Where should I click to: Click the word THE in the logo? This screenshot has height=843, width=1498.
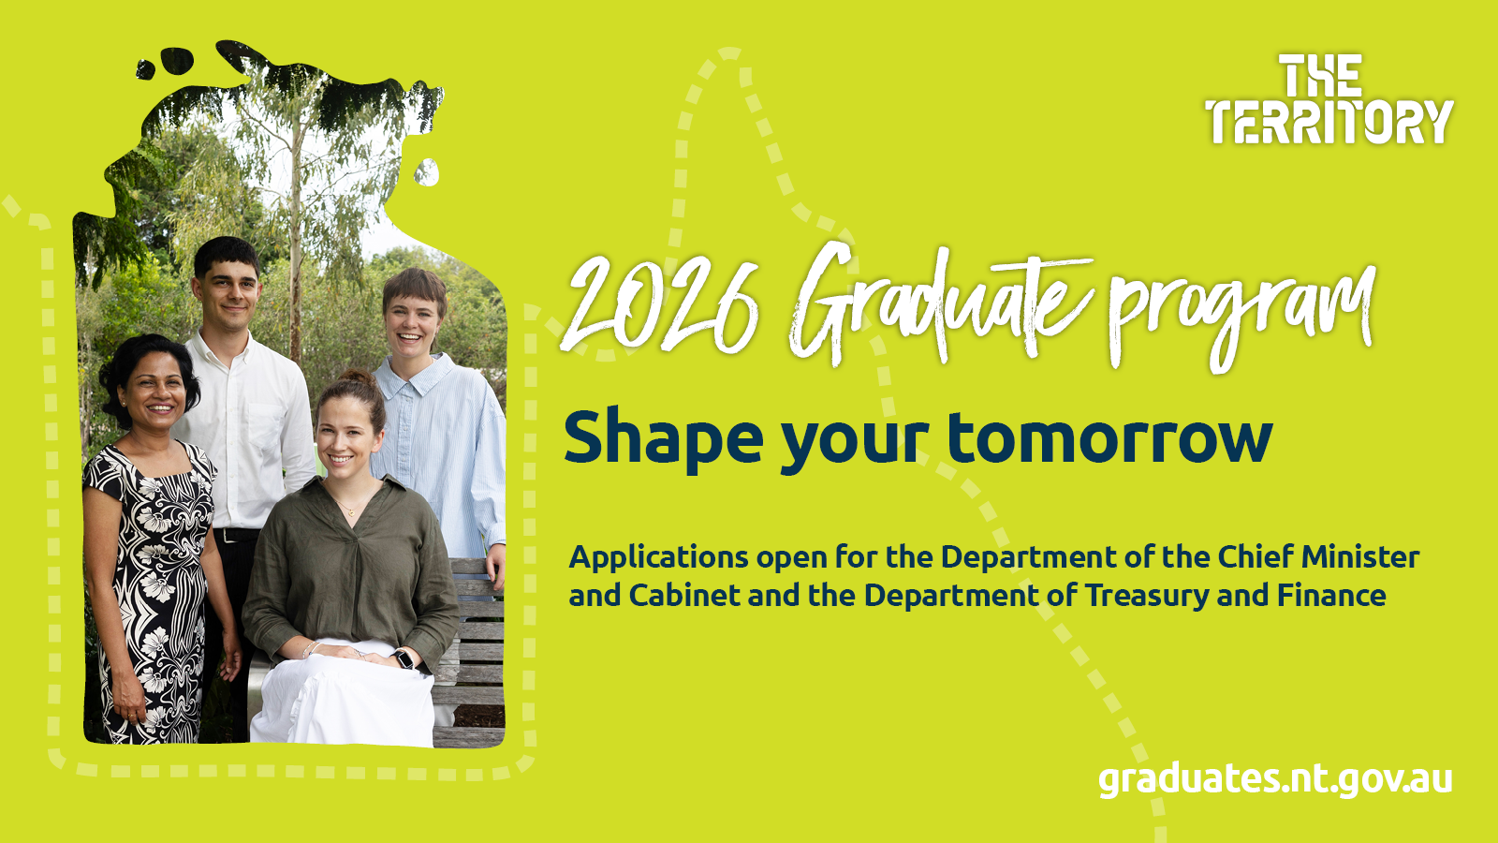[1321, 77]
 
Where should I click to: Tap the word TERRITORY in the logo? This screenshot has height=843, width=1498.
[1329, 123]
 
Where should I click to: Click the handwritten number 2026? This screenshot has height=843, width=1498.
[661, 304]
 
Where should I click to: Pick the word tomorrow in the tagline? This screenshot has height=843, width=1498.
[1109, 438]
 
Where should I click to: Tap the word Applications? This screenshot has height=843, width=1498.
[658, 558]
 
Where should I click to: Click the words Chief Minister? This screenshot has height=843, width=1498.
[1318, 557]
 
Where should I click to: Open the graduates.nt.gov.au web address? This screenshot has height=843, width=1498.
[1275, 779]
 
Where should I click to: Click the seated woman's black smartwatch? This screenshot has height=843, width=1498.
[404, 659]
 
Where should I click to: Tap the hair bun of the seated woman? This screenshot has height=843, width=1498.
[358, 378]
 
